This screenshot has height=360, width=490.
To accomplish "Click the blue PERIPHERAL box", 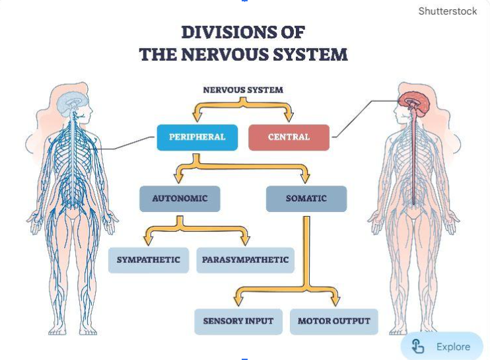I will (197, 137).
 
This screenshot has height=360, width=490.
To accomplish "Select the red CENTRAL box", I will (289, 137).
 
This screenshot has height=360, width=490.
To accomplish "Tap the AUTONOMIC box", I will (180, 199).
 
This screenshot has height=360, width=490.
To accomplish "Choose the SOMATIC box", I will (306, 199).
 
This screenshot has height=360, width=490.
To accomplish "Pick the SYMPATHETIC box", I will (148, 260).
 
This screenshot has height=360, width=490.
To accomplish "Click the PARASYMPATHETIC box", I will (245, 260).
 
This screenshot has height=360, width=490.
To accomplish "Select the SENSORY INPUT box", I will (238, 322).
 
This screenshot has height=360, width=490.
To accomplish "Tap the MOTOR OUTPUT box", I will (333, 322).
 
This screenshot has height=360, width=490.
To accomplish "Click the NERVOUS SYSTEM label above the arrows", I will (242, 90).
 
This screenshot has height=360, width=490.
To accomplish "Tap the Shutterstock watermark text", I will (447, 11).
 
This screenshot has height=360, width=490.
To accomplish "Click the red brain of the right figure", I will (414, 100).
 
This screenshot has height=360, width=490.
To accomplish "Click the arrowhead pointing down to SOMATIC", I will (305, 178).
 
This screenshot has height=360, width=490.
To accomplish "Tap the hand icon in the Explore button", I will (417, 346).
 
